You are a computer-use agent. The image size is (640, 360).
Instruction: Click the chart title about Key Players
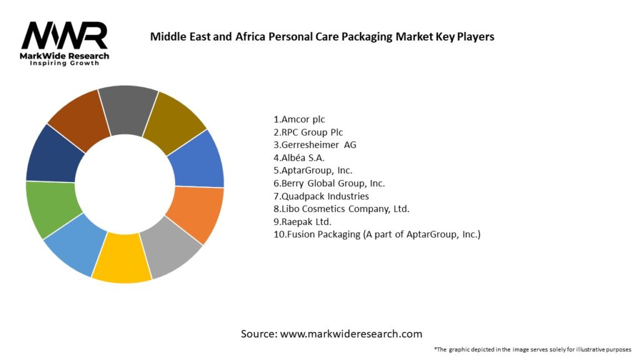click(x=322, y=36)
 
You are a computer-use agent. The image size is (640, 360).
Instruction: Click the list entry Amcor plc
click(x=299, y=119)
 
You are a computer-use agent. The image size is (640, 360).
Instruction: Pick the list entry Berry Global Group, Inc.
click(x=329, y=183)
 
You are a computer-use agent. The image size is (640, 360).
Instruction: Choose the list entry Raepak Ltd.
click(x=299, y=222)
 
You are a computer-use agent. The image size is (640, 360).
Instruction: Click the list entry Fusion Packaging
click(x=377, y=234)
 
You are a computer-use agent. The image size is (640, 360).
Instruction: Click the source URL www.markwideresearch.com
click(x=351, y=334)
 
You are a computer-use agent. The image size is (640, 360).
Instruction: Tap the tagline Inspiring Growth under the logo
click(x=64, y=64)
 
